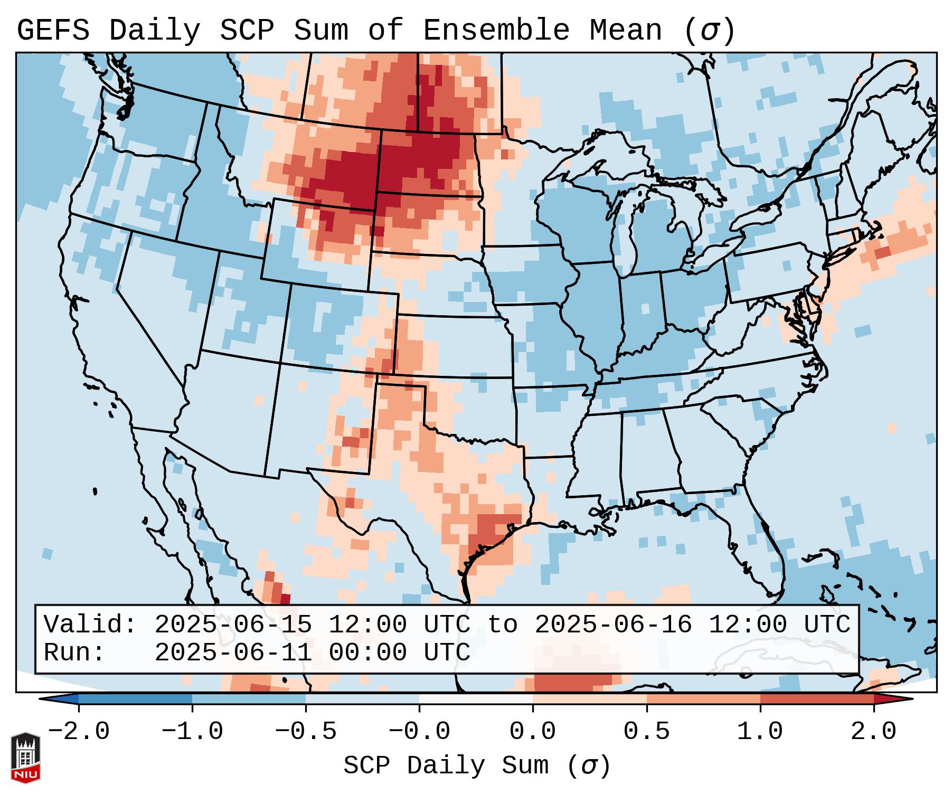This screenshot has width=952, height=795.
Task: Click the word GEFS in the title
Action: (x=53, y=31)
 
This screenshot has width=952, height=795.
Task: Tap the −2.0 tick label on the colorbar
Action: (x=79, y=732)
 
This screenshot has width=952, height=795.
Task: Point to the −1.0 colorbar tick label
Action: (x=192, y=732)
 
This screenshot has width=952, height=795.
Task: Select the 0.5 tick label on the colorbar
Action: (x=646, y=732)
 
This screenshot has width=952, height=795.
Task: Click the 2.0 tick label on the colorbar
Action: (x=874, y=732)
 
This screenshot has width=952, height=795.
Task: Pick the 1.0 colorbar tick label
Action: (x=760, y=732)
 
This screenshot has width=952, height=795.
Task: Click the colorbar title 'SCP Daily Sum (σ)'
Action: (x=477, y=766)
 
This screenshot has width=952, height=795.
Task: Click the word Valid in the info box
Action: (x=90, y=625)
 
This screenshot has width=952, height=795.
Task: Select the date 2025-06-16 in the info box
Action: (x=613, y=625)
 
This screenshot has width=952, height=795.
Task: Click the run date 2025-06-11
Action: (x=233, y=653)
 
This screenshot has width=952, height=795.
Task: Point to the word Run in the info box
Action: (x=74, y=653)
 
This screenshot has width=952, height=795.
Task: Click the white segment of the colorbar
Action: (x=476, y=699)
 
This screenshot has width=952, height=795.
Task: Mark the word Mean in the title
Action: (x=625, y=31)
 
